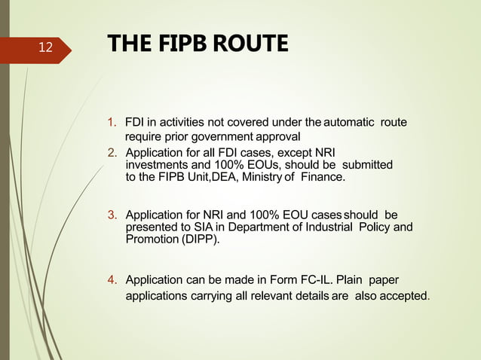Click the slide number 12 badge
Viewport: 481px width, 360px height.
click(45, 47)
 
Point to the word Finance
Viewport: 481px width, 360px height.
click(323, 177)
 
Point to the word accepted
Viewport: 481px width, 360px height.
click(399, 297)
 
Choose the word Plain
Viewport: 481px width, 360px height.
click(354, 281)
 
